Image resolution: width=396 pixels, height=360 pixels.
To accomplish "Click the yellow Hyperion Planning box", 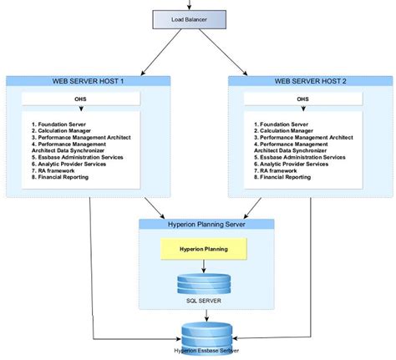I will [204, 248].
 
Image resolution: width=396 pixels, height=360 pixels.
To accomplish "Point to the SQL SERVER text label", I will [204, 299].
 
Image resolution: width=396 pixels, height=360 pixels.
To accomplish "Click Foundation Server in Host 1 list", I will [58, 123].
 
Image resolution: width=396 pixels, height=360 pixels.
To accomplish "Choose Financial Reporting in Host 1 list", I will [62, 178].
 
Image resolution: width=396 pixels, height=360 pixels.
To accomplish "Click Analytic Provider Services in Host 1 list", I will [72, 163].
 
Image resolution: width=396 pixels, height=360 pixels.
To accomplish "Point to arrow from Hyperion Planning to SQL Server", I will [204, 265].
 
